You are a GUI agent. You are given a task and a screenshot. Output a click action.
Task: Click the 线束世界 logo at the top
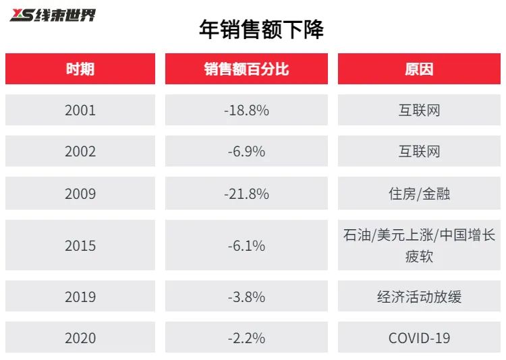click(53, 14)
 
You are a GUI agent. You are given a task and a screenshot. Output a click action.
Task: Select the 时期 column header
click(80, 69)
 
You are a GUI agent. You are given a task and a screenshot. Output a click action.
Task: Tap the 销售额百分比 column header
click(246, 69)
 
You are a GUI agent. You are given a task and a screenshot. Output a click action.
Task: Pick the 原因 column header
click(419, 69)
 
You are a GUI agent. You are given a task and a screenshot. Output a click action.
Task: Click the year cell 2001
click(80, 110)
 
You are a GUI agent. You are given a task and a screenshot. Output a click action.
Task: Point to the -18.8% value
click(246, 110)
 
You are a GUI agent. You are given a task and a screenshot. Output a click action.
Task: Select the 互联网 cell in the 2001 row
click(419, 110)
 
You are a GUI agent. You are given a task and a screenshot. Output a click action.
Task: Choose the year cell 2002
click(80, 152)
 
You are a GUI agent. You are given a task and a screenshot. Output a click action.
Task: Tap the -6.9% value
click(246, 152)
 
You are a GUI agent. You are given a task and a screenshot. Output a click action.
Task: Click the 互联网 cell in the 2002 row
click(419, 152)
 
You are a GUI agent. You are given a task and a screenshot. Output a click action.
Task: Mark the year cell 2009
click(80, 193)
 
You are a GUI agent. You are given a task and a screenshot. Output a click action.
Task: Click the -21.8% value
click(246, 193)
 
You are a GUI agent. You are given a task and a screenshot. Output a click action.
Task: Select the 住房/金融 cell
click(419, 193)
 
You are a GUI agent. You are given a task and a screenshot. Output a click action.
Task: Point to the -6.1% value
click(246, 245)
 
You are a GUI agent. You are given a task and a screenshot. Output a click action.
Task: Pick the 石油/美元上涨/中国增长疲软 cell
click(419, 245)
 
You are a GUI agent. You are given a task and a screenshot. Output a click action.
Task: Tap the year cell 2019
click(80, 297)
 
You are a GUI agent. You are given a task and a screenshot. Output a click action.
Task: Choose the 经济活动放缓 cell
click(419, 297)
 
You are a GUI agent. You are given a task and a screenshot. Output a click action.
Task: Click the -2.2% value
click(246, 338)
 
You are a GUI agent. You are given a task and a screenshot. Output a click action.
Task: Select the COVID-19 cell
click(419, 338)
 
